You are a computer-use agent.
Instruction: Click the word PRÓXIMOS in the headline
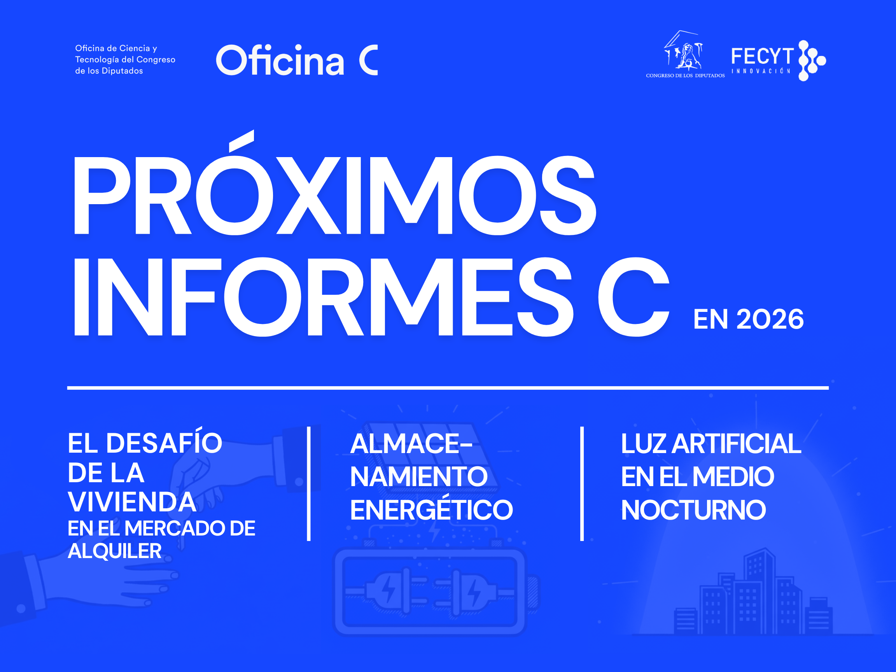(x=334, y=183)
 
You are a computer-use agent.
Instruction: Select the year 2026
(x=770, y=319)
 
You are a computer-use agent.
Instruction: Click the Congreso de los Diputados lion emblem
(x=683, y=50)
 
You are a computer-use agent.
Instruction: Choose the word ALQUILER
(x=115, y=551)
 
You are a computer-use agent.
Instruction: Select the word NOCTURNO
(x=693, y=509)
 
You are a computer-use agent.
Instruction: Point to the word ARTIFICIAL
(x=737, y=444)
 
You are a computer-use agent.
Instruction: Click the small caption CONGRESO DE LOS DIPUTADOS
(x=685, y=76)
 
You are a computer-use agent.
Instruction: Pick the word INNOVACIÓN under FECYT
(x=761, y=71)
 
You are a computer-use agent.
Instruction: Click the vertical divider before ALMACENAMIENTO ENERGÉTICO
(x=309, y=483)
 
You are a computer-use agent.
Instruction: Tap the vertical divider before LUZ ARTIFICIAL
(x=582, y=483)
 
